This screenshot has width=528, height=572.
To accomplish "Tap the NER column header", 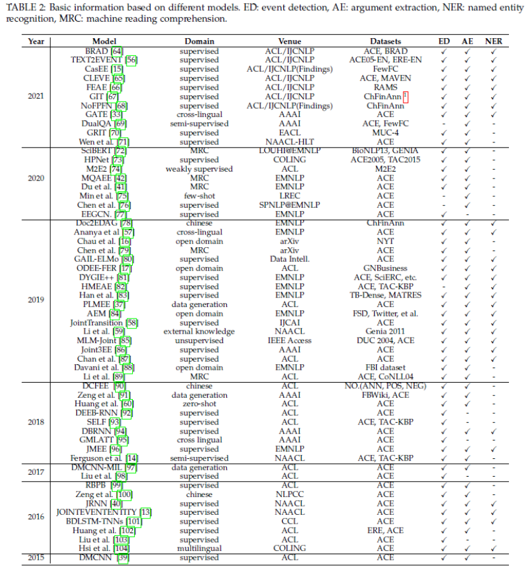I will tap(493, 41).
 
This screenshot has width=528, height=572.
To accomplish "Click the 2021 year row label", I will tap(36, 96).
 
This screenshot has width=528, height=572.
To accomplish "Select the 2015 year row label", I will tap(36, 557).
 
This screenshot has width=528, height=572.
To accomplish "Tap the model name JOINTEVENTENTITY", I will tap(88, 512).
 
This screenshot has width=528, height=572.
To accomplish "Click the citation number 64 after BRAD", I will tap(117, 51).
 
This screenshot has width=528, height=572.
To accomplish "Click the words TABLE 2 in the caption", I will tap(25, 8).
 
